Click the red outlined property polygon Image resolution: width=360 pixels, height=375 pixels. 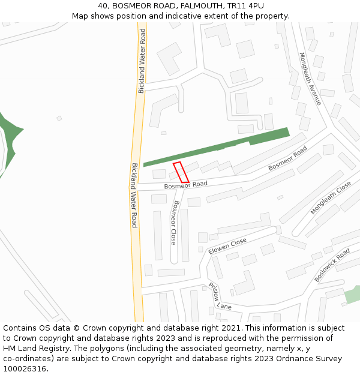pyautogui.click(x=181, y=172)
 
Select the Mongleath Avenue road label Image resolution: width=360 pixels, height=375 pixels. pyautogui.click(x=310, y=79)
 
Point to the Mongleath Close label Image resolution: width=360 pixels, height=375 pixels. pyautogui.click(x=331, y=198)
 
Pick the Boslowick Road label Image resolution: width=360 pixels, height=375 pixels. pyautogui.click(x=332, y=265)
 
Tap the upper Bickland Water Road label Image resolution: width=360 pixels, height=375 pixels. pyautogui.click(x=143, y=61)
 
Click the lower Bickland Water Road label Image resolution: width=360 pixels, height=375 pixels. pyautogui.click(x=134, y=195)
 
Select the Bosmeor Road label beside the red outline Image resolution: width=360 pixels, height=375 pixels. pyautogui.click(x=185, y=186)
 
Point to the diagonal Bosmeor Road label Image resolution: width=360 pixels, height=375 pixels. pyautogui.click(x=287, y=158)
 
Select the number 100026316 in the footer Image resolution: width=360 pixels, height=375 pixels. pyautogui.click(x=25, y=369)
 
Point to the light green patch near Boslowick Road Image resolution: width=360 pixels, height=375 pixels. pyautogui.click(x=353, y=294)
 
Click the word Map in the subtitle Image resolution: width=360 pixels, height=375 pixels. pyautogui.click(x=80, y=16)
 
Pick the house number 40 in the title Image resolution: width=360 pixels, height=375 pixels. pyautogui.click(x=103, y=6)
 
